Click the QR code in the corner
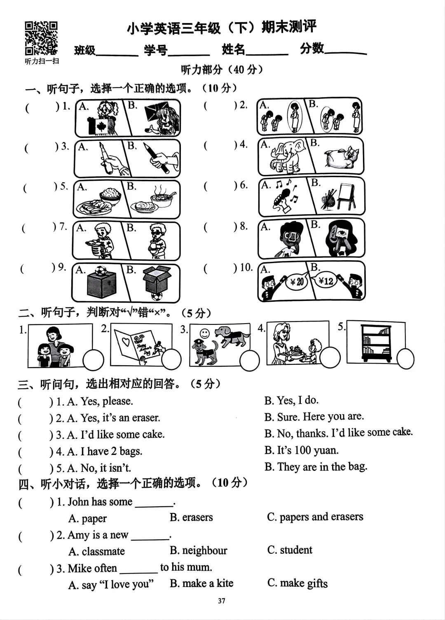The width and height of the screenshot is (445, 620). (41, 38)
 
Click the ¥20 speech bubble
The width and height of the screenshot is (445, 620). (296, 282)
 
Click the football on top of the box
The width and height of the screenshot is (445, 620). (101, 271)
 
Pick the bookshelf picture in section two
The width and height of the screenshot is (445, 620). (376, 343)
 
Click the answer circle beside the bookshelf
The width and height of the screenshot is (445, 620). (405, 358)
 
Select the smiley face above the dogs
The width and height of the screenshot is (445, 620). (205, 333)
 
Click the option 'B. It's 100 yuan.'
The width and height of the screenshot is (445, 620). (301, 450)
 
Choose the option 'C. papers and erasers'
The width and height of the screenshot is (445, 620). (315, 517)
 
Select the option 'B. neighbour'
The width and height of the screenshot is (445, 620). (198, 550)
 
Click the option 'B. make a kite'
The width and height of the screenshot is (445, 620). (201, 583)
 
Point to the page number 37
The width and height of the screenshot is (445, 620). (222, 601)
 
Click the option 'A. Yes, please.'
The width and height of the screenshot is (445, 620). (100, 401)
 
